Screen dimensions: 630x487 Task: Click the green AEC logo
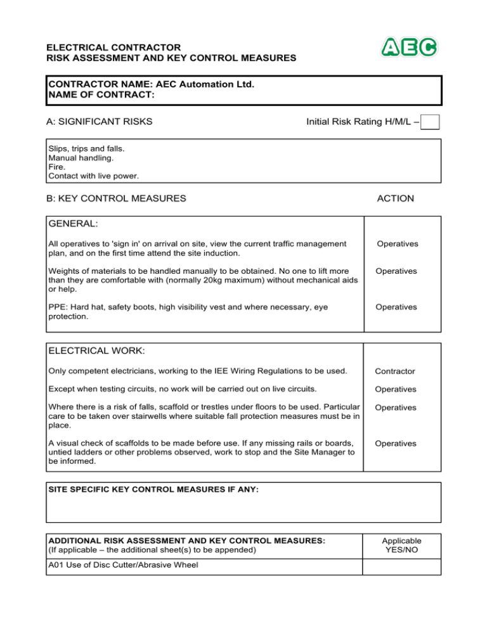409,47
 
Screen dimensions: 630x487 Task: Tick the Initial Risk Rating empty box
431,121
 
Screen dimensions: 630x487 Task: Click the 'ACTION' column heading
395,198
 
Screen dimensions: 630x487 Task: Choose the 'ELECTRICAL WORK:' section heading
93,350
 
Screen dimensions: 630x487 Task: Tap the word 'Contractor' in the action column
395,372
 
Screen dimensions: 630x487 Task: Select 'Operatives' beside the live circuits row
395,389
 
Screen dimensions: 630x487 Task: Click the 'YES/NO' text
401,550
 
